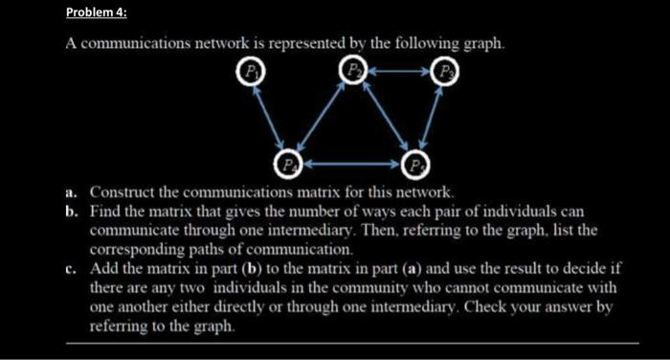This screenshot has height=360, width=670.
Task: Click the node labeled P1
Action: click(x=251, y=71)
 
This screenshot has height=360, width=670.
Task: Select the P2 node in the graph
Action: click(x=353, y=71)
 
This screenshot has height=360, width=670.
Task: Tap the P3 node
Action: click(x=446, y=71)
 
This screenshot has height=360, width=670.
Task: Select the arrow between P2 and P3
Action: click(x=399, y=71)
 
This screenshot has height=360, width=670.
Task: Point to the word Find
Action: click(x=105, y=209)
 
